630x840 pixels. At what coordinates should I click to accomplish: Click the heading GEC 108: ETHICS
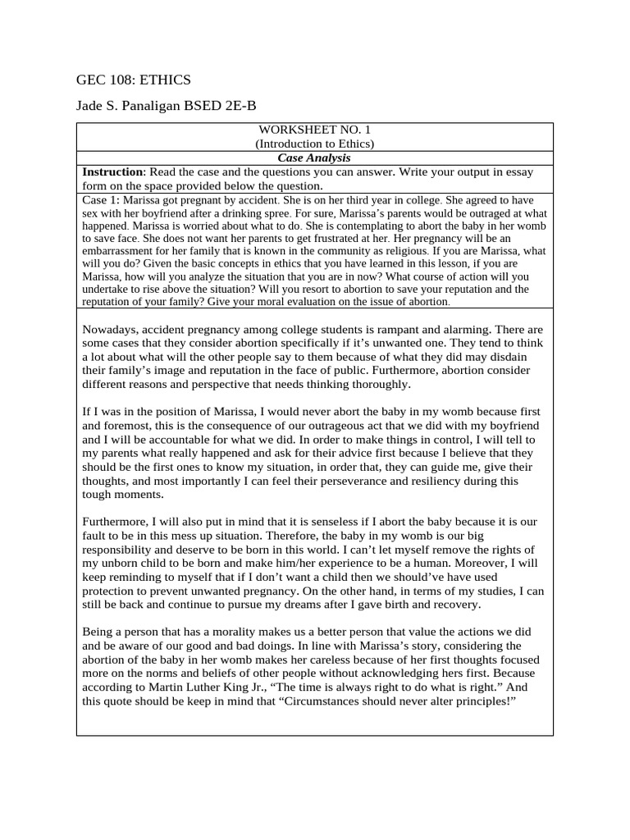coord(133,80)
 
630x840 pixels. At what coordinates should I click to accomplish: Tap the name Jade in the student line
coord(90,106)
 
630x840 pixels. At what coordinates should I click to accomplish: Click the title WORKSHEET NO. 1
coord(314,130)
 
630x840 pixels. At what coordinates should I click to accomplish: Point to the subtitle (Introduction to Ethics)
coord(314,144)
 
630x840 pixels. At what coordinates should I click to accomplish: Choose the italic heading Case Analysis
coord(314,157)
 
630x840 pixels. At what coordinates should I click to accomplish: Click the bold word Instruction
coord(112,171)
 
